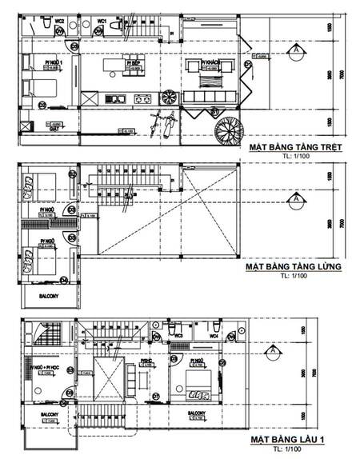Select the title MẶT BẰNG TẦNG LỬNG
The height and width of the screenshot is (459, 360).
[x=294, y=266]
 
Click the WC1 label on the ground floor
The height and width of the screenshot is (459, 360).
[x=102, y=19]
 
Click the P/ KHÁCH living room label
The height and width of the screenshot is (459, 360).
[x=211, y=61]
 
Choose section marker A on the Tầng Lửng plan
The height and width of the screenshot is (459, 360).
[x=298, y=198]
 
